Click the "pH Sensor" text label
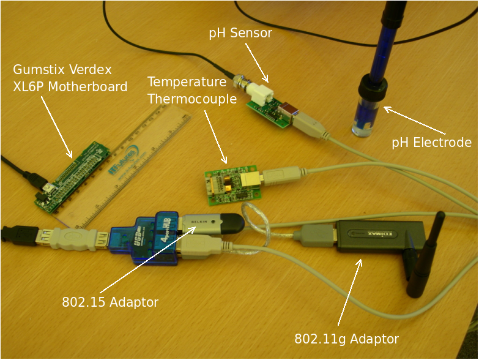(240, 34)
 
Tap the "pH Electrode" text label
(431, 143)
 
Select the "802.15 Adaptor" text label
(110, 302)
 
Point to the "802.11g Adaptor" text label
(346, 339)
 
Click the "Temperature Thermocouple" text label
(191, 90)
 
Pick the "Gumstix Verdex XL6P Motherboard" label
(70, 78)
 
